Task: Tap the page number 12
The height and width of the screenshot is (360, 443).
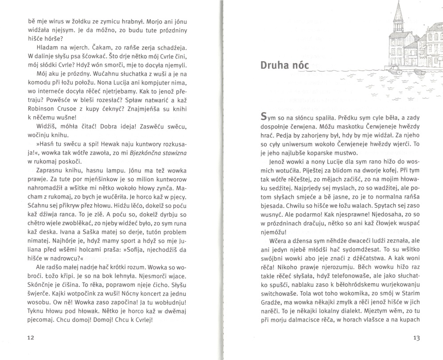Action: [x=30, y=337]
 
